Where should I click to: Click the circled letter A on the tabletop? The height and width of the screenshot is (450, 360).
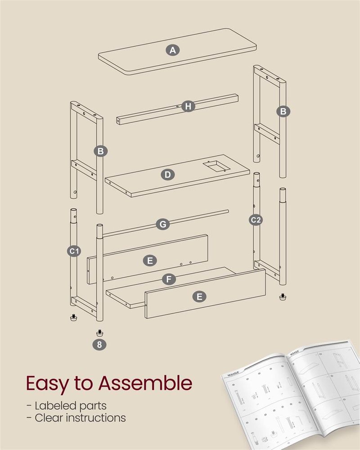(x=172, y=50)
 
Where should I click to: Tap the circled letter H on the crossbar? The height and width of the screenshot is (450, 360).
(x=189, y=107)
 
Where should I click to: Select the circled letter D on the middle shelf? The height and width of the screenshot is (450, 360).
(x=167, y=174)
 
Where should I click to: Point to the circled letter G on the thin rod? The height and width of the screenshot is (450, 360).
(x=162, y=224)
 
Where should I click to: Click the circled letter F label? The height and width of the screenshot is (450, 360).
(x=168, y=279)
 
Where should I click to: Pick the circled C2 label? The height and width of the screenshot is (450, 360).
(x=256, y=220)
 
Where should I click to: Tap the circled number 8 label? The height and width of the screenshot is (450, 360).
(x=99, y=345)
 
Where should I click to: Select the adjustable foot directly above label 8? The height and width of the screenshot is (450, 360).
(x=99, y=333)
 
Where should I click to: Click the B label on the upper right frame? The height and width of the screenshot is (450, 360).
(x=283, y=111)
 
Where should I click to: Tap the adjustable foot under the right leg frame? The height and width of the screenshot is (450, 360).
(x=283, y=297)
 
